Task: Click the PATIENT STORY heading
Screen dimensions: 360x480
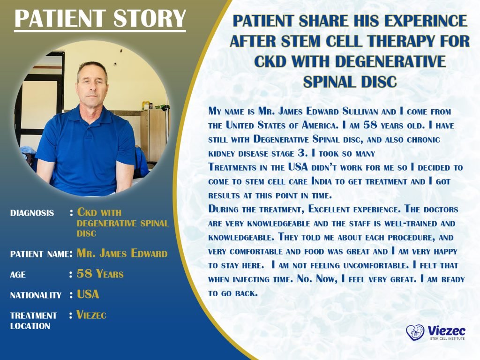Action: [x=100, y=18]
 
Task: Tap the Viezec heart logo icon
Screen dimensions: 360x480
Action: [x=415, y=332]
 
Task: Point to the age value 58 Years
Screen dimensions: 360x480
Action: [x=100, y=274]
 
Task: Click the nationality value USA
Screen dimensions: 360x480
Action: [x=88, y=295]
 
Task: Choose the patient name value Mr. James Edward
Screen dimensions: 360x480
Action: [x=122, y=254]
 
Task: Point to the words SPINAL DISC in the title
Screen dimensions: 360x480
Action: [x=349, y=82]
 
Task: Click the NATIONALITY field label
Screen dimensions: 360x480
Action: [x=36, y=295]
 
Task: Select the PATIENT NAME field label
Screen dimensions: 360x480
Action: [x=39, y=255]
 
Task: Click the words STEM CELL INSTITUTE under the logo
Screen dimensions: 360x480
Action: [x=447, y=338]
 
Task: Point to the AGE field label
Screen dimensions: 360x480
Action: [x=18, y=275]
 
